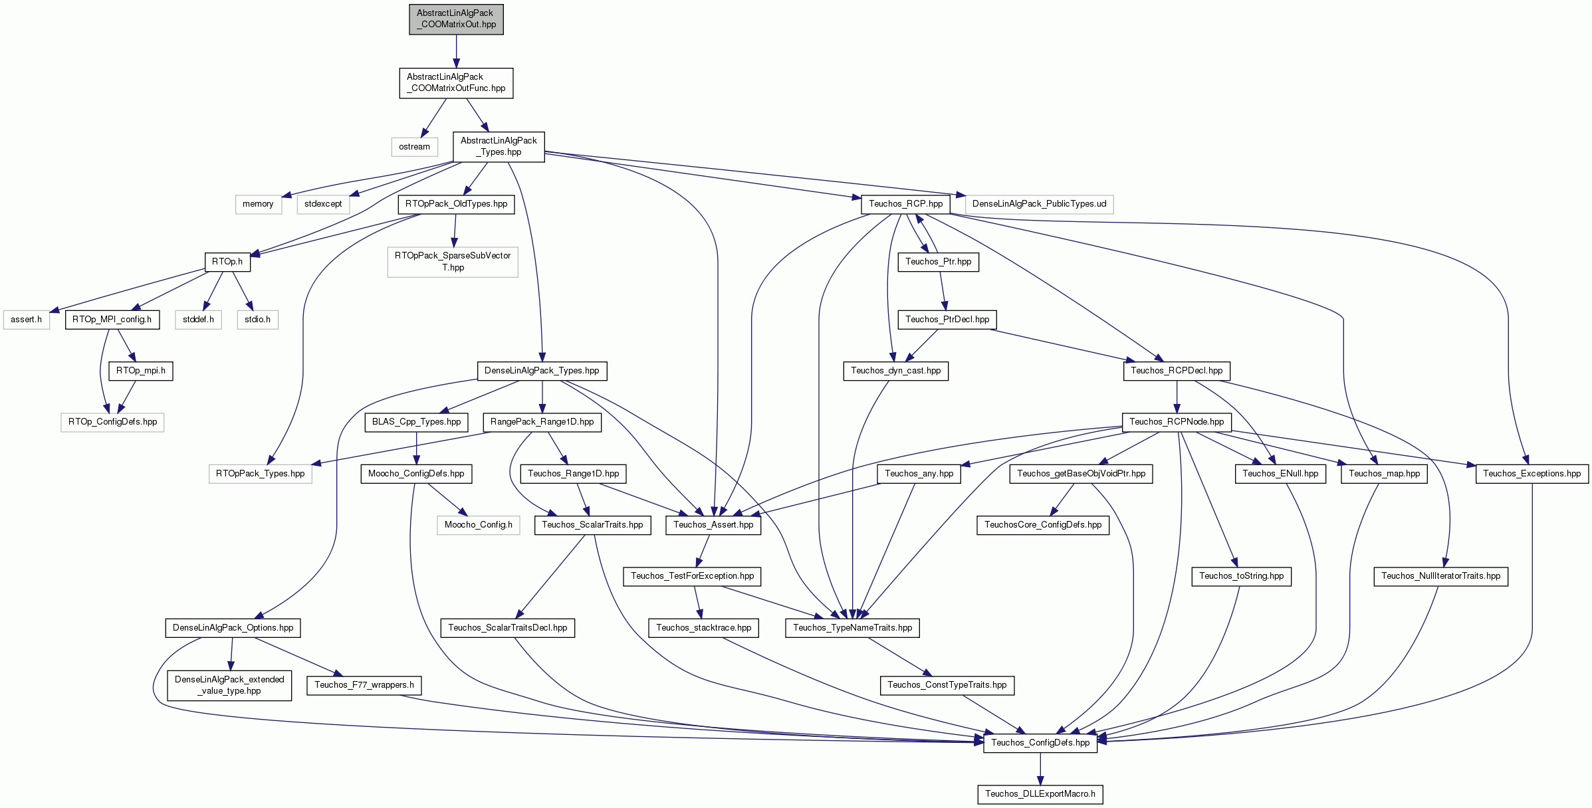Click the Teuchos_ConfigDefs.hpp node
pos(1040,743)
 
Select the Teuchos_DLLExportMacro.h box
pos(1040,794)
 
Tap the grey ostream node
pos(414,147)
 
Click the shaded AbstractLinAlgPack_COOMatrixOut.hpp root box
pos(456,19)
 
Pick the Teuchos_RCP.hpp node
pos(905,204)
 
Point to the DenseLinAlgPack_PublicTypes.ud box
pos(1039,204)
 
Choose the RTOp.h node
pos(227,262)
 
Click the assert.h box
pos(27,320)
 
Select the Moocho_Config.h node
pos(478,525)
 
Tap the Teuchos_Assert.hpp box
pos(713,525)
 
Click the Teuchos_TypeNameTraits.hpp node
pos(852,628)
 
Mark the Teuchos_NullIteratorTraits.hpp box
pos(1440,576)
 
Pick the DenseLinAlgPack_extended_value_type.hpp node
pos(229,685)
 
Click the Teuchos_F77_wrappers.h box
pos(364,685)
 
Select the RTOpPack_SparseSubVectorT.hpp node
pos(453,262)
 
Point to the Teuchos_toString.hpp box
pos(1242,576)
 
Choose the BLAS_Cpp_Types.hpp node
pos(416,422)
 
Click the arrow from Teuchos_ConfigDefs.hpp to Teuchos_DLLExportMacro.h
pos(1040,768)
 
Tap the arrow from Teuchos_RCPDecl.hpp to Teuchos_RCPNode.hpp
pos(1177,397)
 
